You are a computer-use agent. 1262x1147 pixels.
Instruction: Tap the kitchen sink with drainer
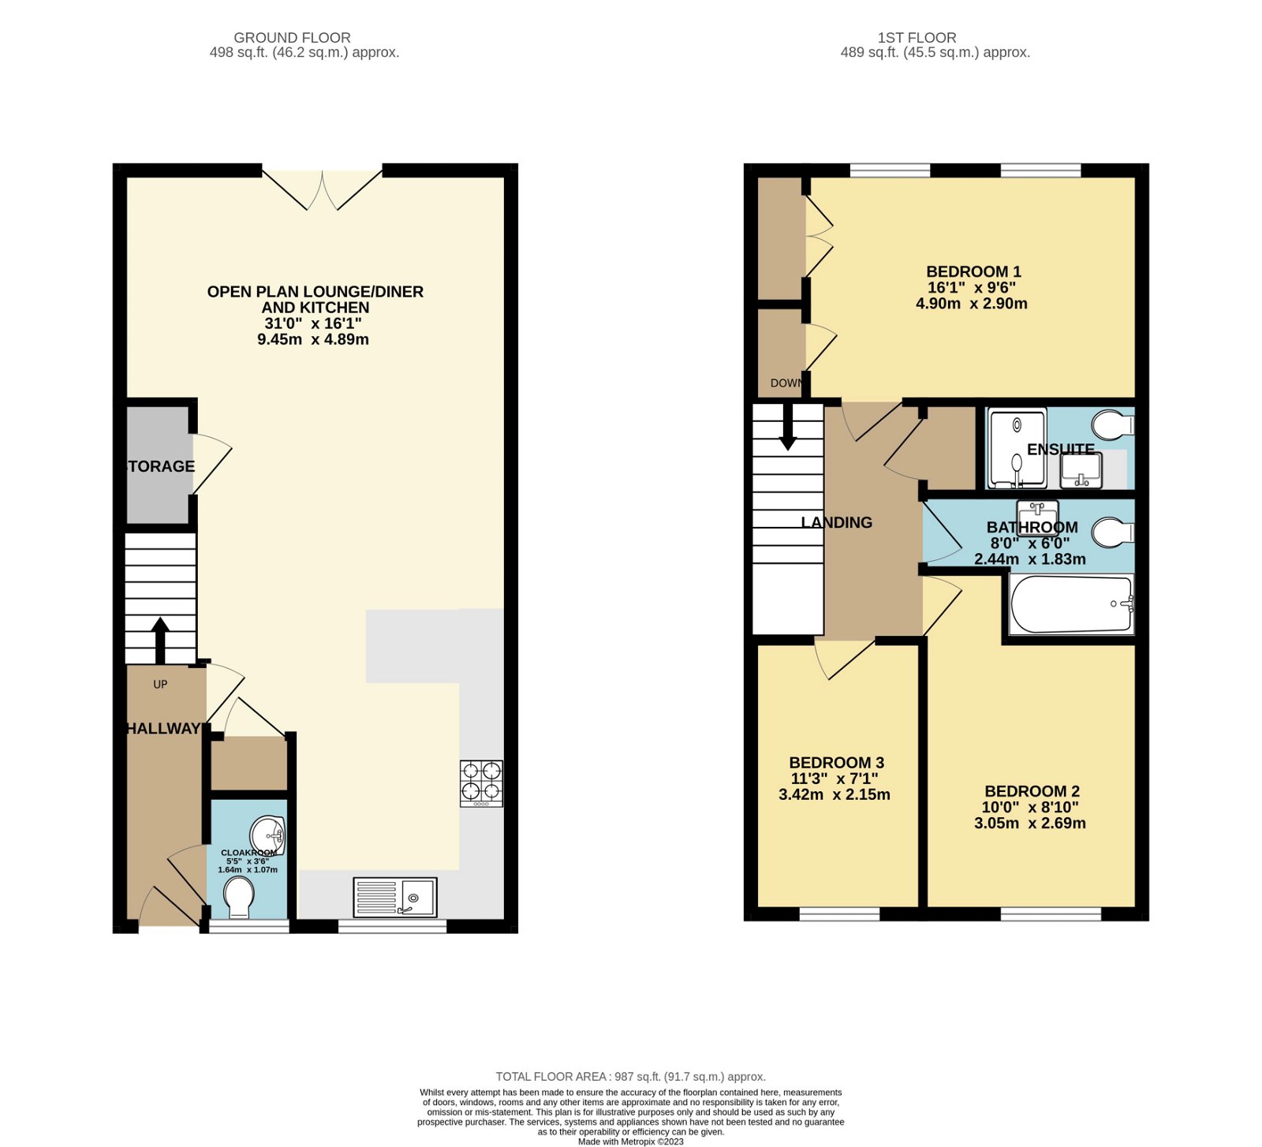tap(394, 897)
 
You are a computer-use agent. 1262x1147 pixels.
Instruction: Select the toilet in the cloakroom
tap(238, 898)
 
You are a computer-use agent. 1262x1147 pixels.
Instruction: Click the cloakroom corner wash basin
tap(268, 835)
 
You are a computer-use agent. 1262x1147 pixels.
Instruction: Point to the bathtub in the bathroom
tap(1071, 604)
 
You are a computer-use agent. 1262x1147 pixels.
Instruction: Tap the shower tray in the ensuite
tap(1016, 447)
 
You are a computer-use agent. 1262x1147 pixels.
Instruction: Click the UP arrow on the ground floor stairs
tap(160, 639)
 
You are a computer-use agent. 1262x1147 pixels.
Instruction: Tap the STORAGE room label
tap(161, 466)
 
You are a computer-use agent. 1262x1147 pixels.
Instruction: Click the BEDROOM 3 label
tap(836, 763)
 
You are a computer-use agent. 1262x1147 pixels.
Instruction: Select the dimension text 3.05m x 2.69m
tap(1029, 824)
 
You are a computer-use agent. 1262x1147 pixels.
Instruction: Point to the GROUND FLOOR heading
tap(292, 37)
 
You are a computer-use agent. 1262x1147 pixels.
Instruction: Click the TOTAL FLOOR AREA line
tap(630, 1077)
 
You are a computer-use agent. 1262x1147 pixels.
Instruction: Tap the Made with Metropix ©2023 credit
tap(630, 1141)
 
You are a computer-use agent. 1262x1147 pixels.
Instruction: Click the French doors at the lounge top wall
tap(322, 189)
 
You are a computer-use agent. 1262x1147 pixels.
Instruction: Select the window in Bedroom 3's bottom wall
tap(839, 914)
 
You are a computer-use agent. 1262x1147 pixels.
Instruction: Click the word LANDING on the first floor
tap(836, 522)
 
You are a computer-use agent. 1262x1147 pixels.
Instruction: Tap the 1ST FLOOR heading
tap(917, 37)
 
